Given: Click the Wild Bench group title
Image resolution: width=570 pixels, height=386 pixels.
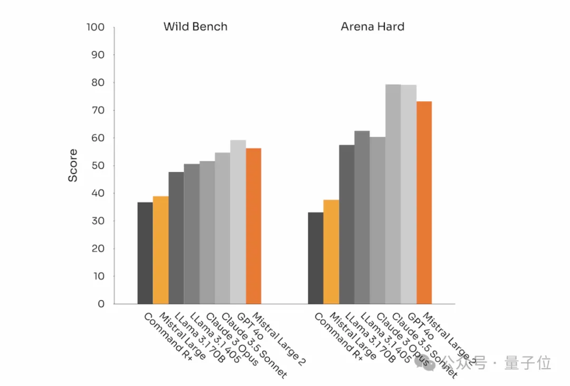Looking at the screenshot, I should click(195, 26).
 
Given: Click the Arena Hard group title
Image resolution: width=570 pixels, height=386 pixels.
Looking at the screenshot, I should click(373, 26).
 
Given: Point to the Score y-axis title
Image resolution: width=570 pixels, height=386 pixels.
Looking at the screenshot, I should click(73, 165).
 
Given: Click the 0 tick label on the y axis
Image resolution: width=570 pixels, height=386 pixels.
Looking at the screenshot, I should click(101, 304).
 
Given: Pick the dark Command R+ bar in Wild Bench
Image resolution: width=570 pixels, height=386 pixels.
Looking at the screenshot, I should click(145, 253).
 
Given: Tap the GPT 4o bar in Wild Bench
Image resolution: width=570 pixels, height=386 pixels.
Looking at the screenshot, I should click(238, 222).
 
